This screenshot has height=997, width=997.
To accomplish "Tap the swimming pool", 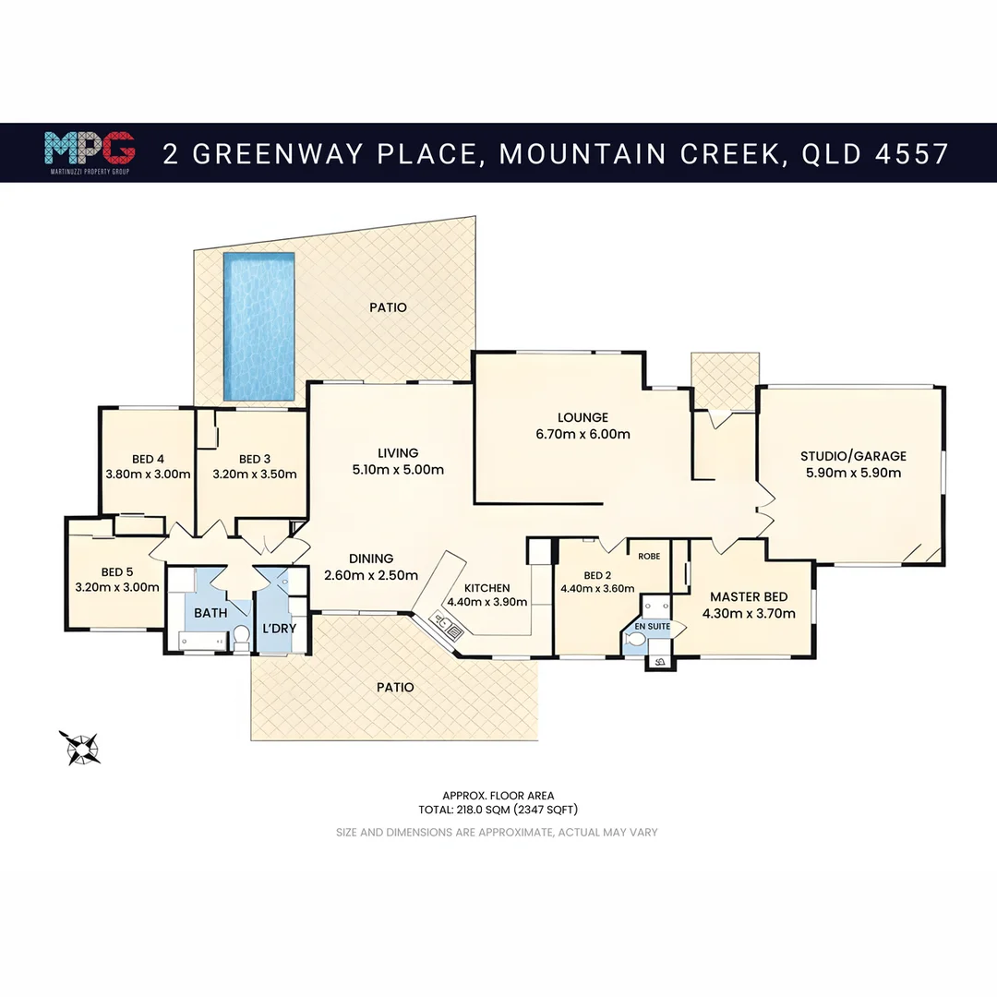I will [258, 327].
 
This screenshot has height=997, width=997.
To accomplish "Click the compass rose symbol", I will [80, 747].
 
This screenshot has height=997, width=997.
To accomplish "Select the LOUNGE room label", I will [583, 417].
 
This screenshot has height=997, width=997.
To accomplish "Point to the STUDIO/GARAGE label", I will [853, 456].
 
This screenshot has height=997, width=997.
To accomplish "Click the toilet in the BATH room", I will [240, 635].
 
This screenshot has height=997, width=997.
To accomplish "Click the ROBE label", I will [648, 557].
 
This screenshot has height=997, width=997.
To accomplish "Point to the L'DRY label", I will [278, 630].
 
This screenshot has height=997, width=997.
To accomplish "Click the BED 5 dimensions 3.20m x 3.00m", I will [115, 586].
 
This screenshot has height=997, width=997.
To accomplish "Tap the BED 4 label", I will [148, 459].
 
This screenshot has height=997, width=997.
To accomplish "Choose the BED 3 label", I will [255, 459].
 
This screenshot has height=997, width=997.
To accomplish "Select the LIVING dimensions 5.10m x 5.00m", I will [398, 470].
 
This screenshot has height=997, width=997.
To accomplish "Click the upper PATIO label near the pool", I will [388, 307].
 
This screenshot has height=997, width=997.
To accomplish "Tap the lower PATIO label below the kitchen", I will [395, 688].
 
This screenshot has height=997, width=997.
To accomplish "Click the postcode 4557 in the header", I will [911, 152].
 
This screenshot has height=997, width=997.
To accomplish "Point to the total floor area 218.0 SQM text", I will [498, 810].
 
